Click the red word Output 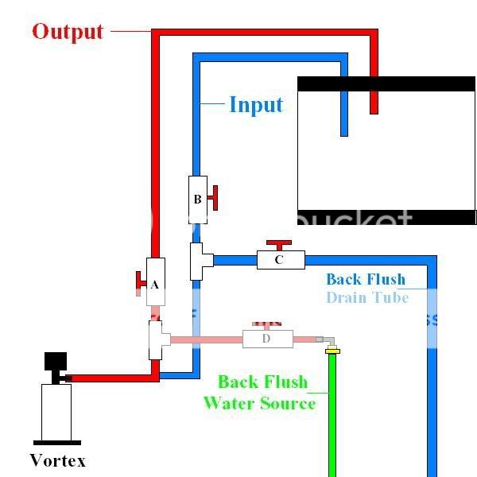coord(68,32)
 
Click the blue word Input coord(256,104)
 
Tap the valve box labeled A coord(155,283)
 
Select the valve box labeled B coord(198,199)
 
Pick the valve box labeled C coord(281,260)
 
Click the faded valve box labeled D coord(267,339)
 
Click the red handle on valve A coord(141,281)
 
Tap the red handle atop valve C coord(279,244)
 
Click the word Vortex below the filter coord(57,460)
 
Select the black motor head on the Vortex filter coord(56,366)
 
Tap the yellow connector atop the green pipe coord(333,350)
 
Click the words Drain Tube coord(366,297)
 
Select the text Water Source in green coord(259,403)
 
